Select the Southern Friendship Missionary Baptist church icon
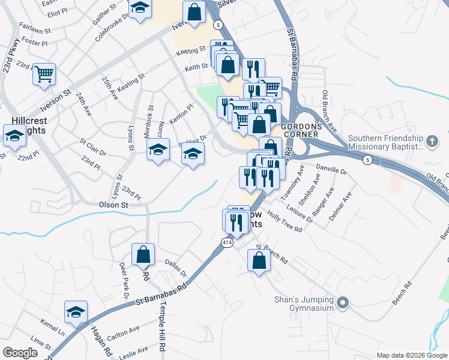(431, 142)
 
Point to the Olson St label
(113, 205)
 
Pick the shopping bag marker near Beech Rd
(259, 260)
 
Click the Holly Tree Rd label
(285, 223)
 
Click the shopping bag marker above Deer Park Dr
(144, 254)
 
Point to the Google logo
(20, 353)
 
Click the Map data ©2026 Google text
(412, 355)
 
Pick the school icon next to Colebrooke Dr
(140, 9)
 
